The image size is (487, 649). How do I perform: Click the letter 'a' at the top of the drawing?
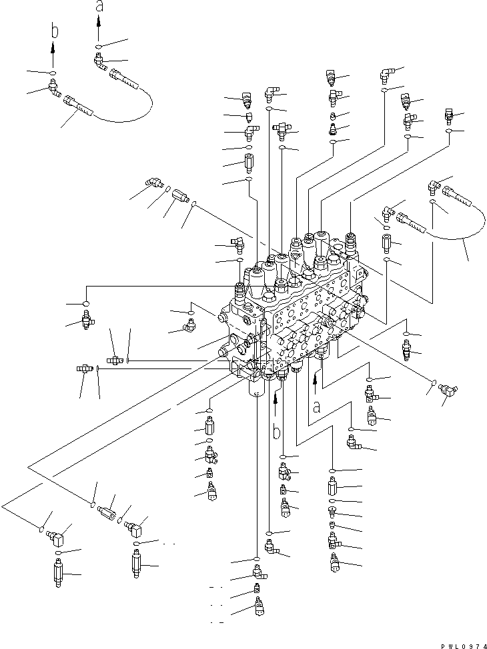[99, 7]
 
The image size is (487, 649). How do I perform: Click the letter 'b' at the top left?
[55, 32]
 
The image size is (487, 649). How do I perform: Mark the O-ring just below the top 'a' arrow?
[99, 47]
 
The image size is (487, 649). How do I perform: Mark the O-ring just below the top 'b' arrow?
[53, 72]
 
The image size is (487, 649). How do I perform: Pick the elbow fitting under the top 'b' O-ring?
[53, 87]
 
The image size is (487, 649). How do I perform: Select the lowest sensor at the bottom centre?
[258, 607]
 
